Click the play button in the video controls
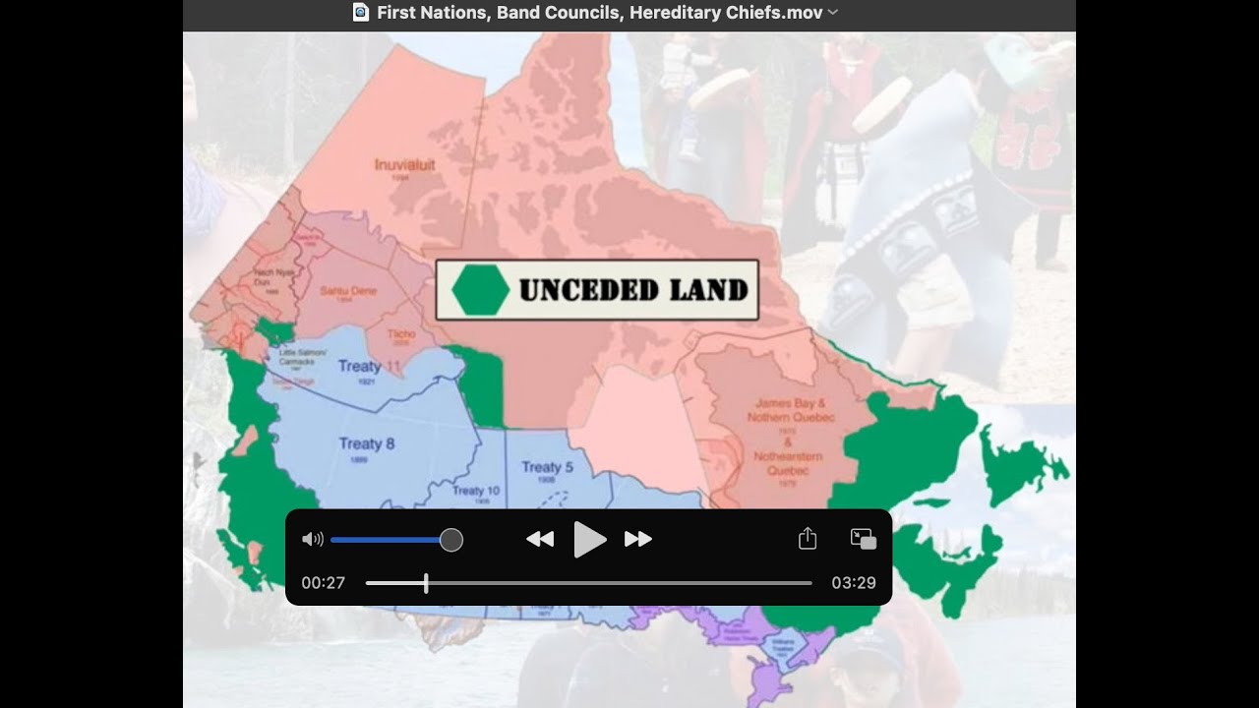(589, 539)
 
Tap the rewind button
(540, 539)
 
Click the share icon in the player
(808, 539)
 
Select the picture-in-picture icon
(863, 539)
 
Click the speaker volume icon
(313, 539)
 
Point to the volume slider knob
(451, 540)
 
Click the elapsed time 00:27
(324, 583)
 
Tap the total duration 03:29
(853, 583)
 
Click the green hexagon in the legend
(480, 290)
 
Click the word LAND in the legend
(707, 290)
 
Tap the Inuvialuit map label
(405, 164)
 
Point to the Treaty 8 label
(367, 443)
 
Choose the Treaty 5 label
(547, 467)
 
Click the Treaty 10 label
(476, 491)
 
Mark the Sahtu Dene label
(349, 291)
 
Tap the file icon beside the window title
(361, 13)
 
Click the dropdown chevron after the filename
(833, 13)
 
